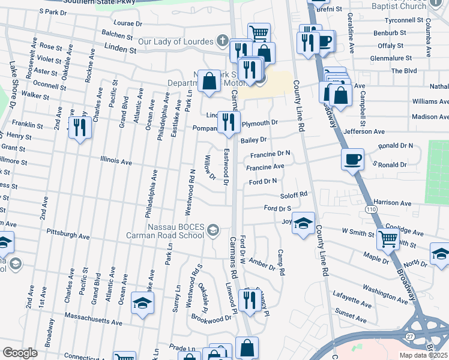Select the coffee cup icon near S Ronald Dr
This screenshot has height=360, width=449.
point(352,160)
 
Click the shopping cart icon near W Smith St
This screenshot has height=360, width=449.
point(388,239)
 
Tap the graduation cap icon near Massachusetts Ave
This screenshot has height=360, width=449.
point(142,304)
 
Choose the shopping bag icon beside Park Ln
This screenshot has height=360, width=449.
point(209,82)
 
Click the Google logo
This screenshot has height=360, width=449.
point(20,353)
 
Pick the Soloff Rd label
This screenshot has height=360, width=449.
point(294,194)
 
